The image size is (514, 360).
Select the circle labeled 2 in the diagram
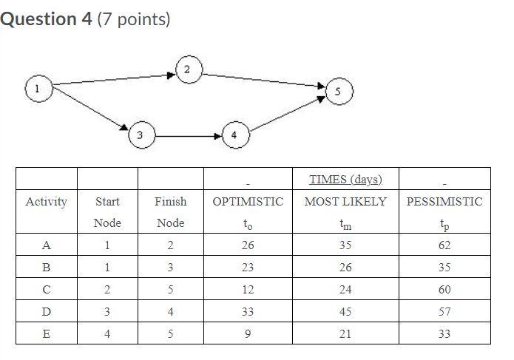point(186,70)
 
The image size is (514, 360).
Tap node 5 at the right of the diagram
point(338,93)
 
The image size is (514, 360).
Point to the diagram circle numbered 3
point(140,135)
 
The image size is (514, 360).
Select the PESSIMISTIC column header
point(444,201)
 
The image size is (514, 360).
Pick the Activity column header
point(46,201)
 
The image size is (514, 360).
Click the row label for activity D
point(46,311)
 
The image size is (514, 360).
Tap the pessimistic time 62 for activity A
point(444,245)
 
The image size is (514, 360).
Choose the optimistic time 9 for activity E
point(247,333)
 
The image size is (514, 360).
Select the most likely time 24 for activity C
point(345,289)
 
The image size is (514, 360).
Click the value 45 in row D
point(345,311)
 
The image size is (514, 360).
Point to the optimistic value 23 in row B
point(247,268)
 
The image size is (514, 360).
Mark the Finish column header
point(170,201)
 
